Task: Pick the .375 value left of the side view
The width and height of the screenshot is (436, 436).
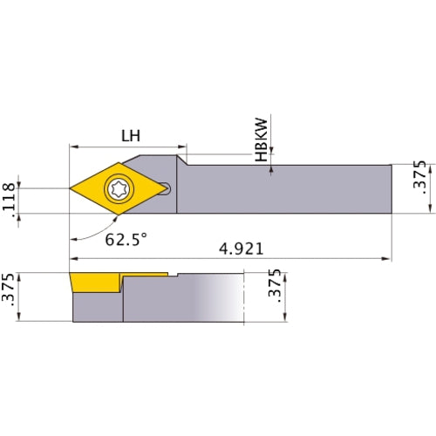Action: coord(10,296)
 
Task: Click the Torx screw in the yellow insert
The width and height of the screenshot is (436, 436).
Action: coord(117,187)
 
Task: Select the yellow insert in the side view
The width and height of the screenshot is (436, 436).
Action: coord(95,283)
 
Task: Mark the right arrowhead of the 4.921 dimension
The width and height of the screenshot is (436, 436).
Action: coord(386,259)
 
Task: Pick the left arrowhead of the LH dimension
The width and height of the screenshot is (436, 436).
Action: coord(73,146)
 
